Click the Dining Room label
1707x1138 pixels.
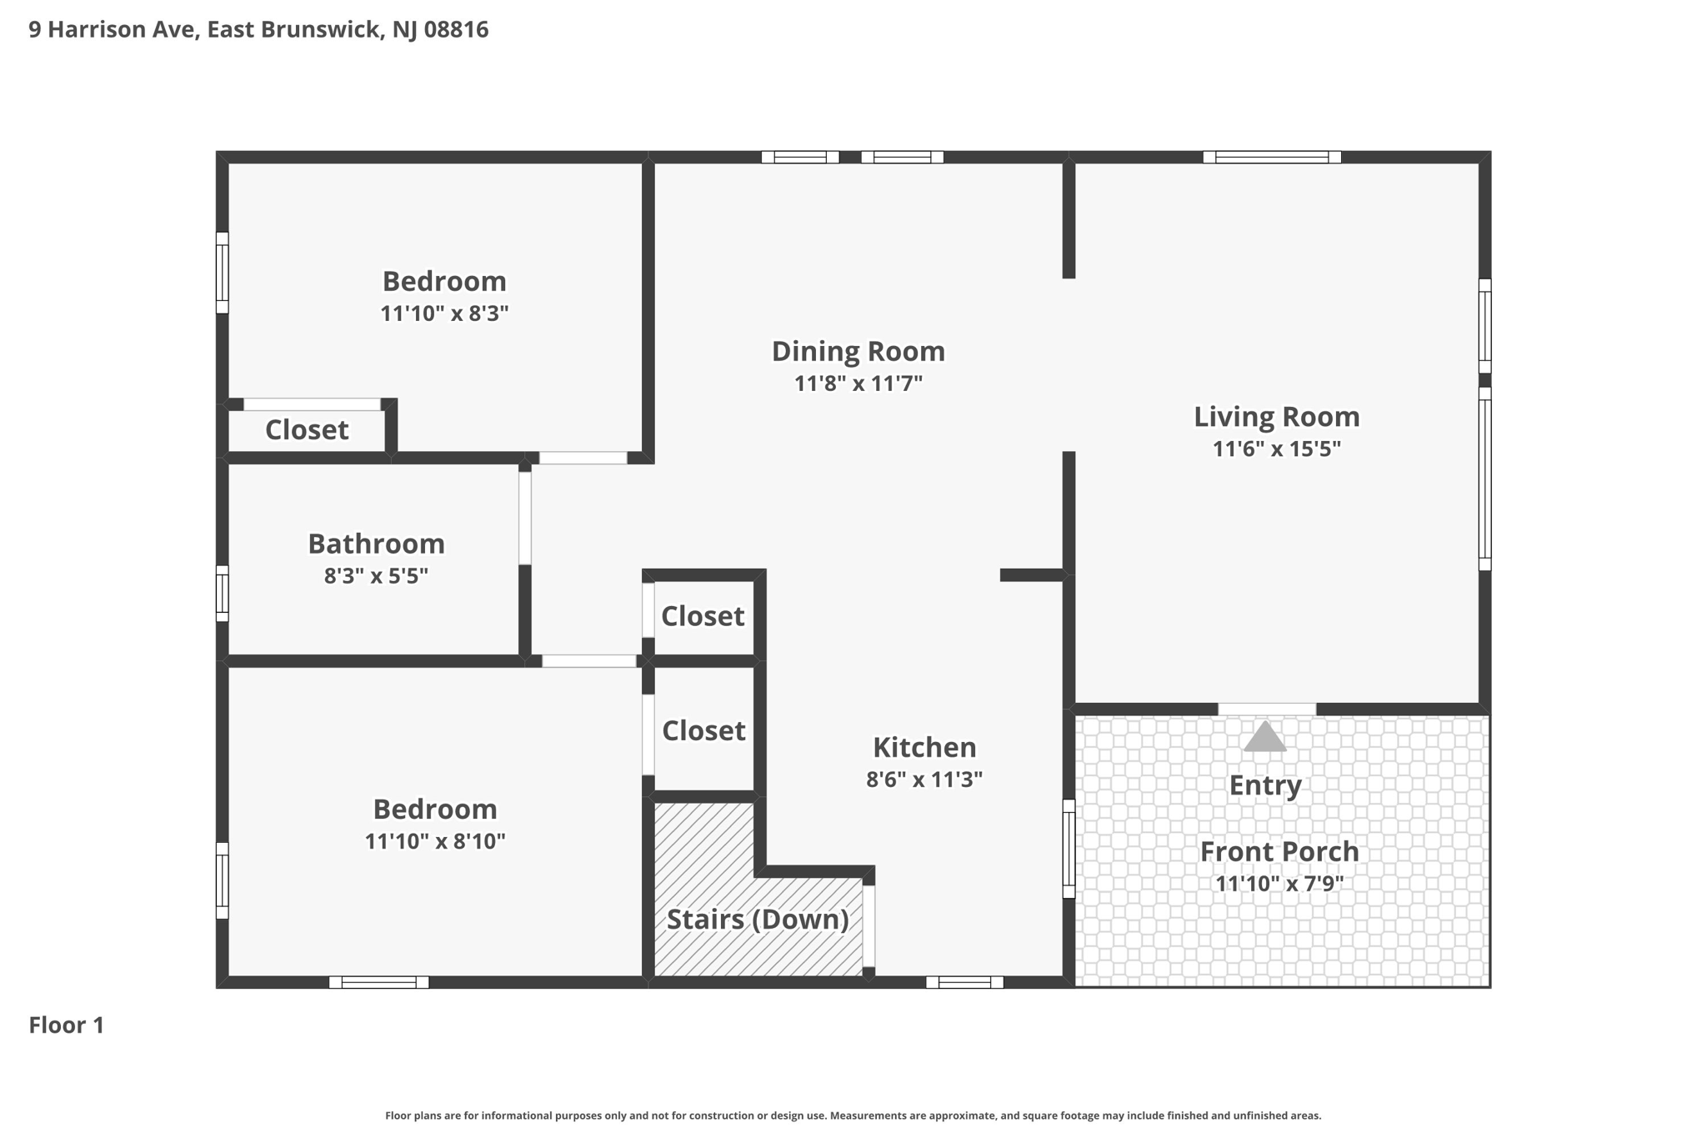coord(858,352)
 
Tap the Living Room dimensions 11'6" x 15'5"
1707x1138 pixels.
coord(1276,449)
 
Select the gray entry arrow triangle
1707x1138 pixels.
coord(1264,736)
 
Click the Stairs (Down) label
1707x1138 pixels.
coord(758,920)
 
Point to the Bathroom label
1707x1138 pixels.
coord(376,544)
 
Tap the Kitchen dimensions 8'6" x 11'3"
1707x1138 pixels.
coord(924,780)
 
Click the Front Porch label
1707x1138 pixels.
coord(1279,852)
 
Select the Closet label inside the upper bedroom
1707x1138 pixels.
coord(307,430)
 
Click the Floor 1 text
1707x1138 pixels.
coord(67,1025)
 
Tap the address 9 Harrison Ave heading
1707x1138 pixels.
coord(258,30)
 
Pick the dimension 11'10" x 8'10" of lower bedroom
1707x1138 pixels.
coord(435,841)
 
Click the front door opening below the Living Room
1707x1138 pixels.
coord(1267,709)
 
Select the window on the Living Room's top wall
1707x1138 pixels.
coord(1272,157)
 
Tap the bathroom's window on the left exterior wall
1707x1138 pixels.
coord(222,594)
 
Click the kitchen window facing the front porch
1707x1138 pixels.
coord(1069,849)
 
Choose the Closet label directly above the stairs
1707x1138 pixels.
coord(703,731)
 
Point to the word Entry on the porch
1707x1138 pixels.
coord(1265,786)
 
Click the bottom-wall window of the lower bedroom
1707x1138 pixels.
coord(378,982)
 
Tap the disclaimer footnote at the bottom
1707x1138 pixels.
coord(853,1115)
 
